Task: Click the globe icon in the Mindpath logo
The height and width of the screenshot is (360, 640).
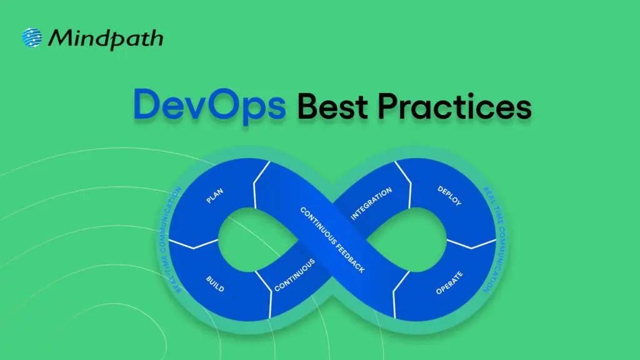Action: coord(32,38)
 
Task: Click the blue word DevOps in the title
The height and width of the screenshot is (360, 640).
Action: coord(209,105)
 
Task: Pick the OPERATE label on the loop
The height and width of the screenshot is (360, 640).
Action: coord(449,282)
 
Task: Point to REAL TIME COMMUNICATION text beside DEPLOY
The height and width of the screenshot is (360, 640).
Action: coord(495,239)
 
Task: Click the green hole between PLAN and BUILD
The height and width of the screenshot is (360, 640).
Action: coord(241,239)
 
